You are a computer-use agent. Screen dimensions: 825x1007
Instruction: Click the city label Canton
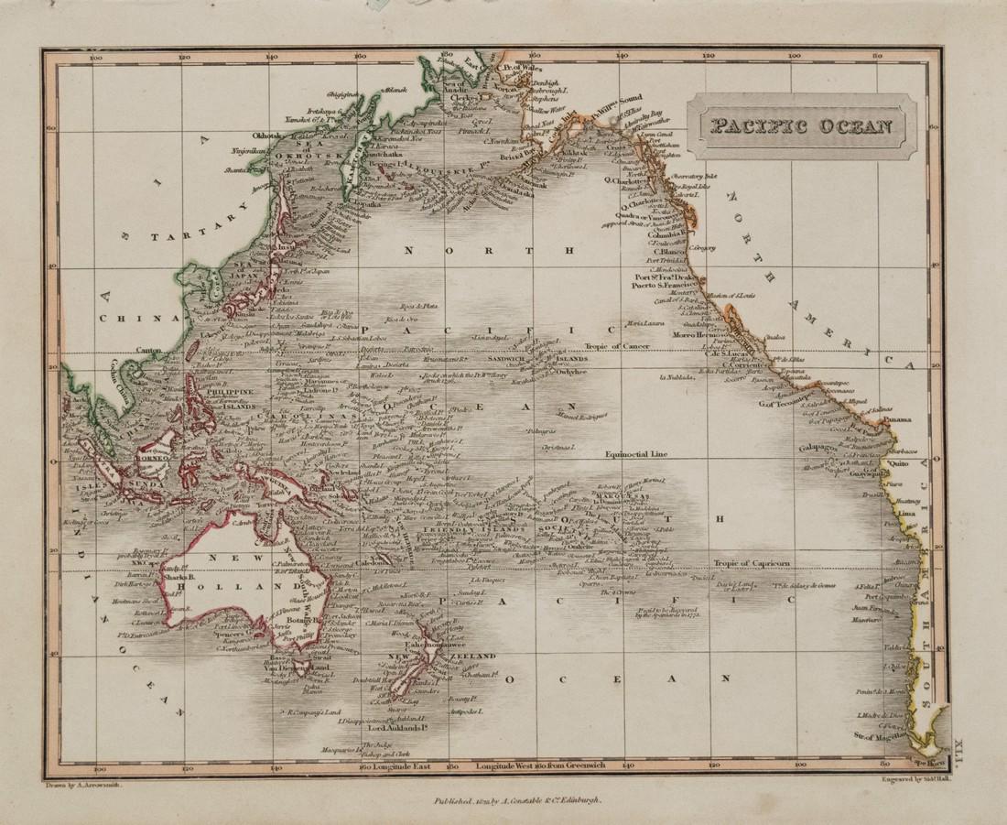click(x=148, y=350)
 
